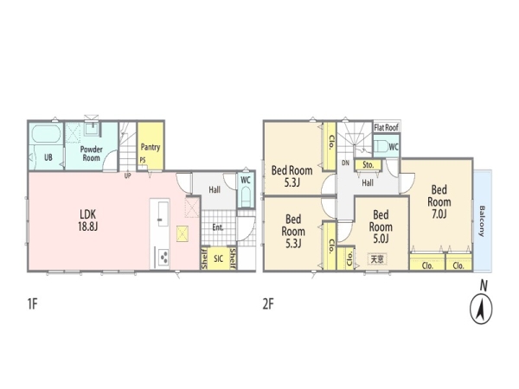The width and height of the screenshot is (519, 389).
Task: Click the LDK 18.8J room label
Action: point(88,220)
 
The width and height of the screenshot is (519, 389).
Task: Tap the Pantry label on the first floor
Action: point(151,147)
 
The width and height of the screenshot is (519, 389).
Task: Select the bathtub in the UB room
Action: point(47,134)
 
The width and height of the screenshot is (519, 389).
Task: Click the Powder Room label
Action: point(92,154)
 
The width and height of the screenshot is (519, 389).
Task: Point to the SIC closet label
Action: point(218,258)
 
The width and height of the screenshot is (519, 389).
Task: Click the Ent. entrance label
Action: point(218,227)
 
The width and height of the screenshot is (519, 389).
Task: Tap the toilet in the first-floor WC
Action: point(246,196)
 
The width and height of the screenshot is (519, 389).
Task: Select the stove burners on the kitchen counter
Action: point(163,257)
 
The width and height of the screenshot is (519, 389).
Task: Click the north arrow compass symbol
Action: point(481,309)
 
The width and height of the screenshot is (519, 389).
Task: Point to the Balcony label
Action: point(482,221)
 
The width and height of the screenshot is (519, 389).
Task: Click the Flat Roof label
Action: point(387,127)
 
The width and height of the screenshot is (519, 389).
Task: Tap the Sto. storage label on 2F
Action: point(368,165)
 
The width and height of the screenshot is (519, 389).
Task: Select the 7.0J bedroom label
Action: point(439,201)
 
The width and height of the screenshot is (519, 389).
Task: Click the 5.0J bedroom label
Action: point(381,226)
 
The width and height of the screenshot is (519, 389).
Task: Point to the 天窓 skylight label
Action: point(377,258)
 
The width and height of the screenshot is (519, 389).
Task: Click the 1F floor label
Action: point(33,303)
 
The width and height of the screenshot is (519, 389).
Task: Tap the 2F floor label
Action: point(268,303)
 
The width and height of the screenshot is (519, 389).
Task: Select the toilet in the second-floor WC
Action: point(381,146)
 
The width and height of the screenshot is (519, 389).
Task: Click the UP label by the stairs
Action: point(127,175)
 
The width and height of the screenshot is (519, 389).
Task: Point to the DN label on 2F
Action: point(345,163)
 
